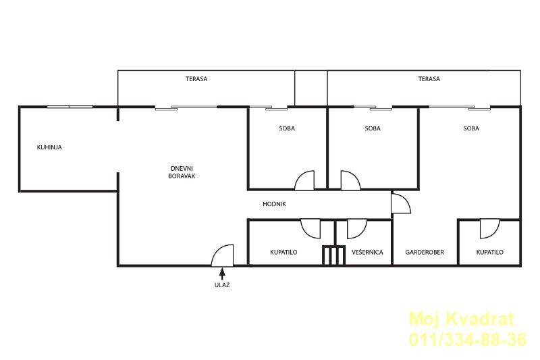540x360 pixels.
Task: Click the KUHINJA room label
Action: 49,147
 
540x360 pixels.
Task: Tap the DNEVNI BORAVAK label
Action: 182,172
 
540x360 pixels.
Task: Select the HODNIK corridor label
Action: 274,204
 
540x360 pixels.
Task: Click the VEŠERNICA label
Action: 367,252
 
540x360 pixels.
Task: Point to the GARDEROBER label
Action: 425,252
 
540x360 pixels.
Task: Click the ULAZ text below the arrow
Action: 222,285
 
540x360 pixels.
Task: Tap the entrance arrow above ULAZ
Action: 222,274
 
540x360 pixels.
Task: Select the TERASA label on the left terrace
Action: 196,79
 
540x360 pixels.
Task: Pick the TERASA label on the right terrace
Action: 429,79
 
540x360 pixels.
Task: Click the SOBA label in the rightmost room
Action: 471,128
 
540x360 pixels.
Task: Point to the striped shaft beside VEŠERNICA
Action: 333,255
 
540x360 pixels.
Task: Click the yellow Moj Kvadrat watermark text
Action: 462,319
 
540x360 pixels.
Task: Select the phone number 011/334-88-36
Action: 468,339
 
